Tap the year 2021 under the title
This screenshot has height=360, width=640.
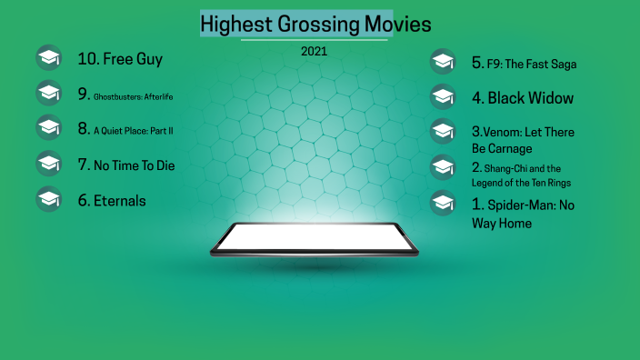coord(314,51)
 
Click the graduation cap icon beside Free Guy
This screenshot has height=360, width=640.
coord(48,58)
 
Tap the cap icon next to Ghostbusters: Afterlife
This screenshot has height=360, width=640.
coord(48,93)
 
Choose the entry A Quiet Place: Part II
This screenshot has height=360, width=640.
coord(125,130)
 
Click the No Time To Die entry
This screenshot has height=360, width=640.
coord(126,165)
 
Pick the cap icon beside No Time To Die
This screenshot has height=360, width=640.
coord(48,164)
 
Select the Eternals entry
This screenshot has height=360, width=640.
coord(112,200)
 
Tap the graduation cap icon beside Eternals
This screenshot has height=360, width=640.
coord(48,199)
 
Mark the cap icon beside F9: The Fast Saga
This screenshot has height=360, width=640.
coord(443,62)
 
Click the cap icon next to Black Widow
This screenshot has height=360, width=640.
coord(443,96)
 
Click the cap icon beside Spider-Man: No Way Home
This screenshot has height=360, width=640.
coord(443,202)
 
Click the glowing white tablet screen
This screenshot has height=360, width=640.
coord(315,237)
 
